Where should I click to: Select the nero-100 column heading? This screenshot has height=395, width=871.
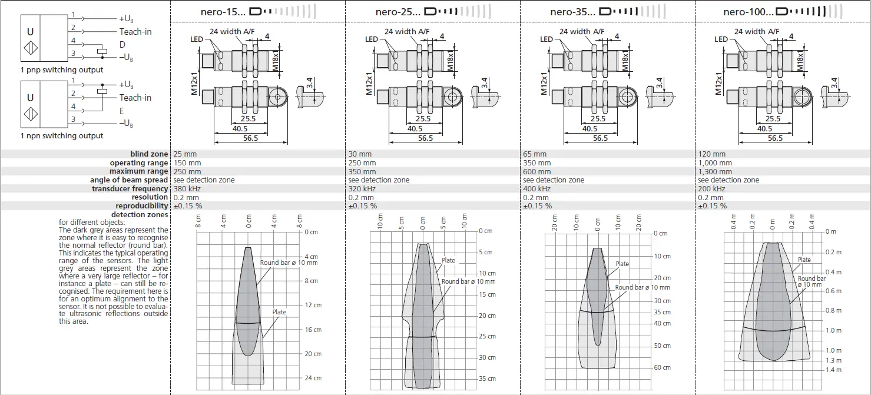pyautogui.click(x=749, y=12)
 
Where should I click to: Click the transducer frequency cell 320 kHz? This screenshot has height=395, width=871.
pyautogui.click(x=362, y=189)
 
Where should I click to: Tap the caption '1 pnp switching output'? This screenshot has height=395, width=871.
pyautogui.click(x=62, y=70)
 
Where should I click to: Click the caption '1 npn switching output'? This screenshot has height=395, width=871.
pyautogui.click(x=62, y=136)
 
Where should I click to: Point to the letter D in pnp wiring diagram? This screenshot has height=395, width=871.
pyautogui.click(x=122, y=44)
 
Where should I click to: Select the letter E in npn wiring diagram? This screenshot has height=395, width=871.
pyautogui.click(x=122, y=110)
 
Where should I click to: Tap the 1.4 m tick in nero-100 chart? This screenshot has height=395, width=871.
pyautogui.click(x=833, y=370)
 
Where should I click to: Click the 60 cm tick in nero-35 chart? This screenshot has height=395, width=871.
pyautogui.click(x=662, y=367)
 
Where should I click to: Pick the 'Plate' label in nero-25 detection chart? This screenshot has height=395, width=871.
pyautogui.click(x=448, y=260)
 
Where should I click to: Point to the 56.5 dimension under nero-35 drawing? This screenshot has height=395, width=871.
pyautogui.click(x=600, y=138)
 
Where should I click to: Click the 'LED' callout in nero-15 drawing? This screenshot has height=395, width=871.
pyautogui.click(x=197, y=39)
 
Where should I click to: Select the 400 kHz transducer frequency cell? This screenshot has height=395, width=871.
pyautogui.click(x=536, y=189)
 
